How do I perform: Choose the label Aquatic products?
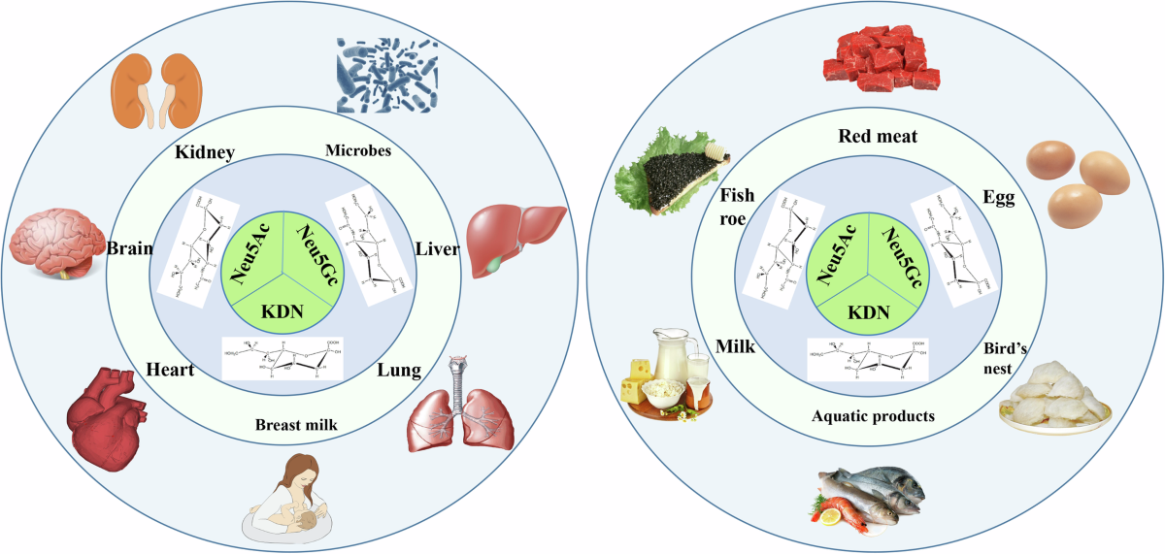tap(873, 416)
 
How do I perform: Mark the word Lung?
tap(399, 371)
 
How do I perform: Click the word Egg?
tap(998, 198)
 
